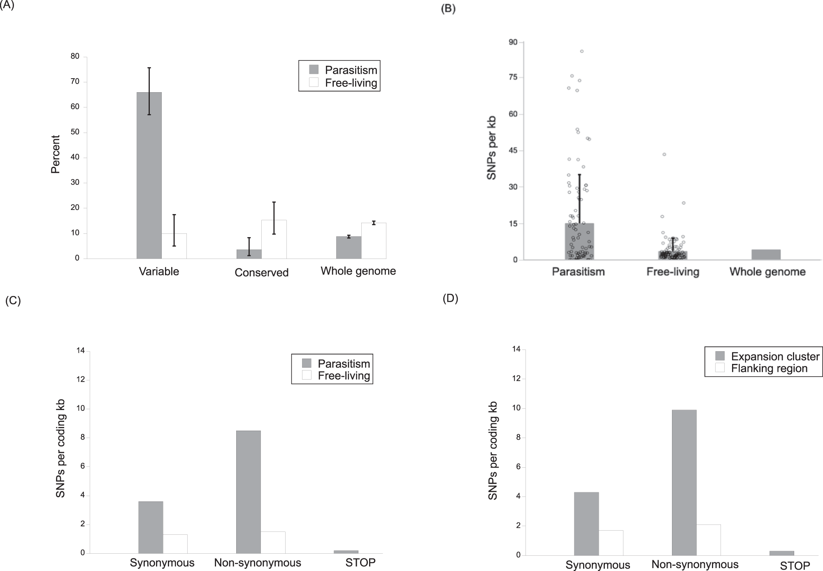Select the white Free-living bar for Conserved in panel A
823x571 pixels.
point(274,239)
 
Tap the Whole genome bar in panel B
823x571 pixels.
point(766,255)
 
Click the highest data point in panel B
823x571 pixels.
point(582,51)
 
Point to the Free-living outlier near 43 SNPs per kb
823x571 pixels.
point(664,154)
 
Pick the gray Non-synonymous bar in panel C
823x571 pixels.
point(249,492)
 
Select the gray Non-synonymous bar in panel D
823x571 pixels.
point(684,482)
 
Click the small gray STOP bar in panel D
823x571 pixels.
point(782,553)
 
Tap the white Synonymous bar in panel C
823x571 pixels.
point(175,544)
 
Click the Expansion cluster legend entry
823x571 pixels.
point(768,356)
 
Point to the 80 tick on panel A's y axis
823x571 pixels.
point(75,56)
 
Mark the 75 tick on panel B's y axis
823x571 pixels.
point(513,78)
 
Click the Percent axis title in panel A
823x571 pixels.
point(56,154)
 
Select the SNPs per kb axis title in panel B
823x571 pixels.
point(491,148)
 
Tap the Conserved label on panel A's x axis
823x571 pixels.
point(261,273)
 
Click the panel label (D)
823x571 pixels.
point(450,298)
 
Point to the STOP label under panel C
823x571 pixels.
point(360,563)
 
